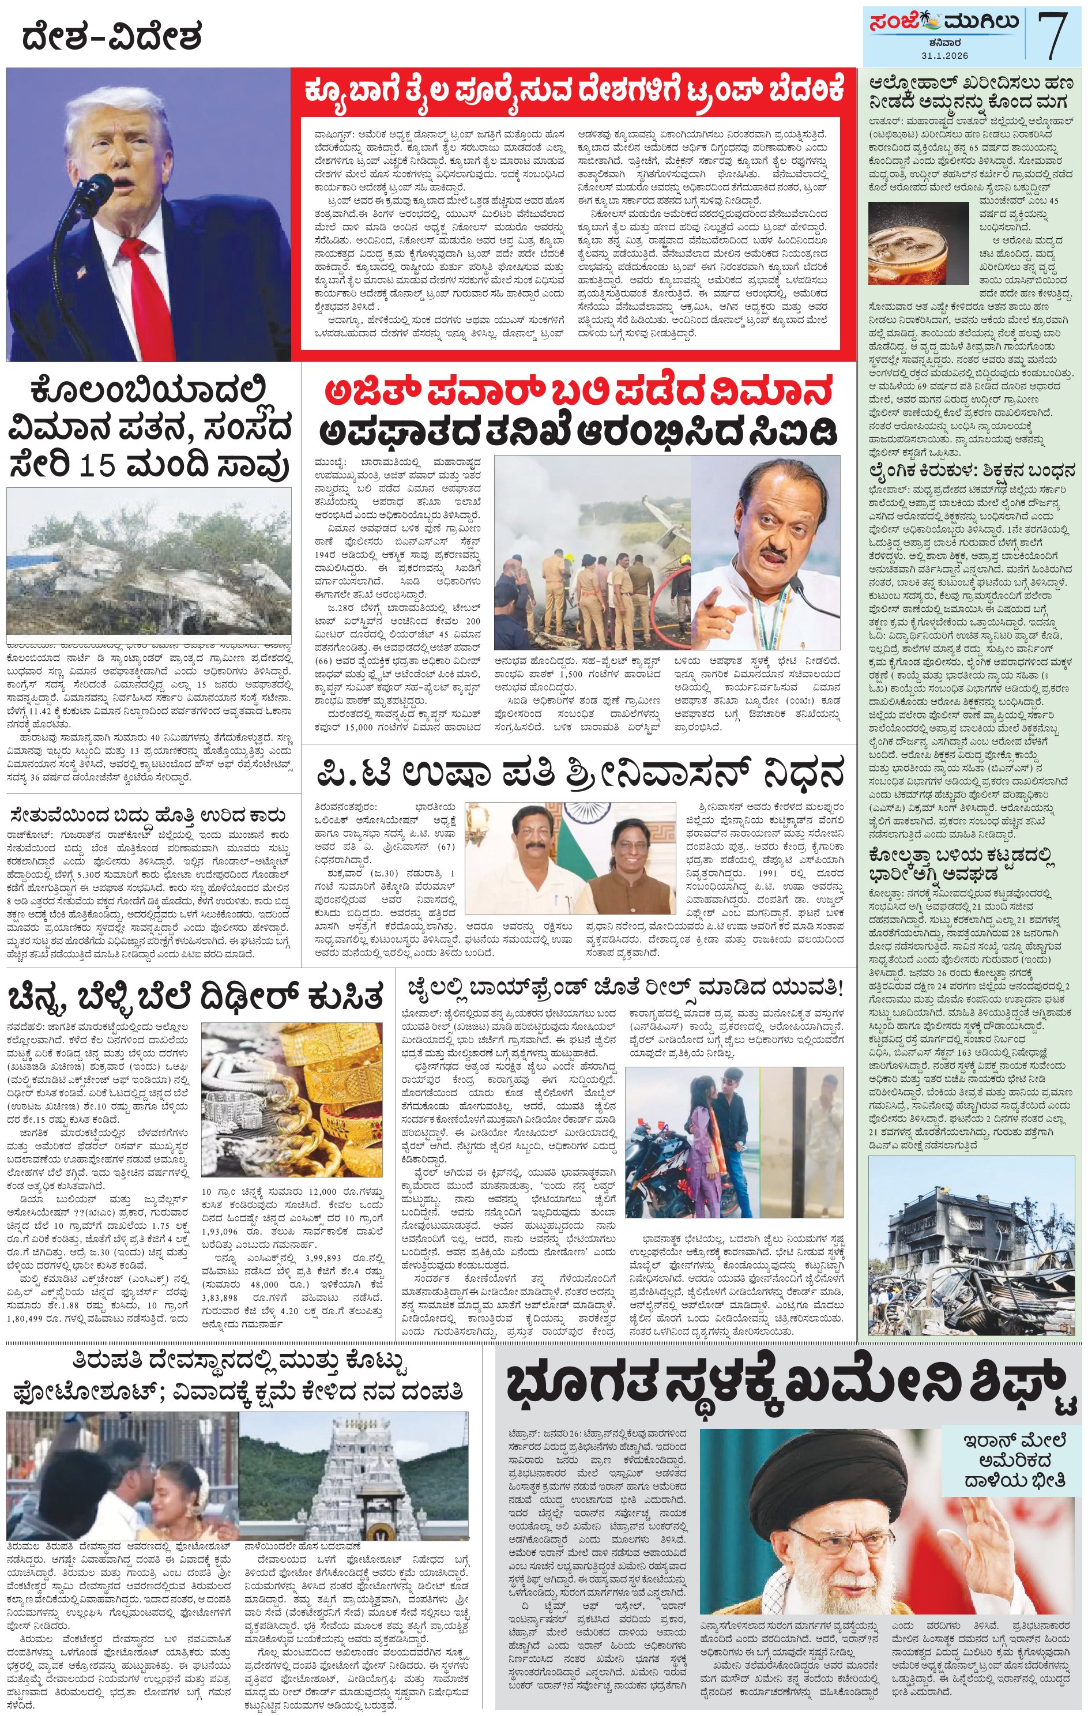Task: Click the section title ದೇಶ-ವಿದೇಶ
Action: pyautogui.click(x=112, y=37)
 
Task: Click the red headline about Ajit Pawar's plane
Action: pyautogui.click(x=578, y=392)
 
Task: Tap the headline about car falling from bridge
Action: pyautogui.click(x=149, y=815)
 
